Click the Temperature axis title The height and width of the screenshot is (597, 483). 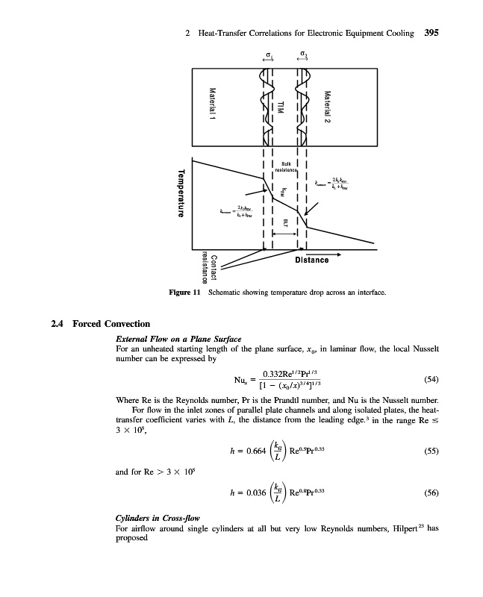[x=180, y=196]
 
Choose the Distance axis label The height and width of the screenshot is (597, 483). [x=311, y=260]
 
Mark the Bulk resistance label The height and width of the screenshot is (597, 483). [x=287, y=166]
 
